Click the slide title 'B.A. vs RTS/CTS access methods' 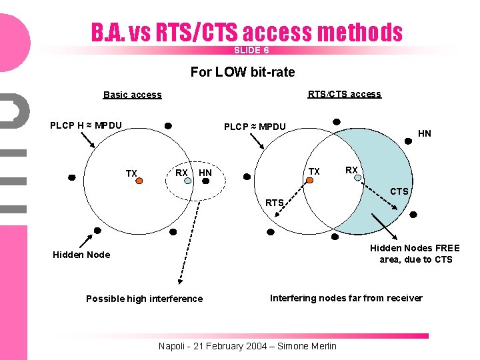(247, 32)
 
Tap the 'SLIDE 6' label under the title (251, 51)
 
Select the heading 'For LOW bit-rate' (243, 71)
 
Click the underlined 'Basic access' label (132, 95)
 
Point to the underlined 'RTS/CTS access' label (344, 94)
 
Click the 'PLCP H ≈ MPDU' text (86, 125)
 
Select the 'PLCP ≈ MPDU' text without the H (255, 127)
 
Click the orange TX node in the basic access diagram (141, 180)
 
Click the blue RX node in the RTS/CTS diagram (357, 178)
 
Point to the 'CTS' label (399, 192)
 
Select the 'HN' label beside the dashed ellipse (205, 173)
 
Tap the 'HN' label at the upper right (424, 133)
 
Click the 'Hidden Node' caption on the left (81, 255)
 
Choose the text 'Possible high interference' (144, 299)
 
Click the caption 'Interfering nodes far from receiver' (346, 298)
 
